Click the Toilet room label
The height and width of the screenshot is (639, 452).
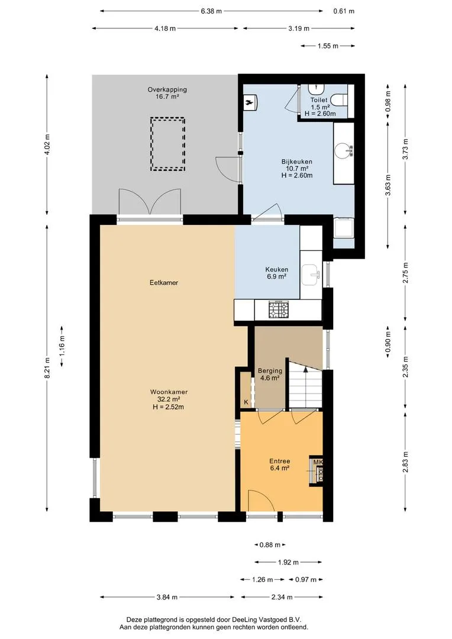tap(319, 100)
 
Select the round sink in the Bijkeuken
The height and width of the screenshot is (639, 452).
tap(343, 150)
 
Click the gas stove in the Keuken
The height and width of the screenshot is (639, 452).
tap(278, 309)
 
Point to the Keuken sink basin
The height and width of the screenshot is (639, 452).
tap(311, 274)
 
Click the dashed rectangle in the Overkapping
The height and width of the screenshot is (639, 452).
tap(167, 144)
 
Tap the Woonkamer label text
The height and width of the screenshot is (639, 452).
tap(169, 392)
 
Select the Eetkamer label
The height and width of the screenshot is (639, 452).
tap(164, 282)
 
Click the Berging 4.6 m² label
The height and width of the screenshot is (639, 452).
tap(270, 374)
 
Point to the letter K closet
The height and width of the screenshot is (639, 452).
tap(246, 402)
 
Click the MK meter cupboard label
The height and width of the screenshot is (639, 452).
tap(318, 462)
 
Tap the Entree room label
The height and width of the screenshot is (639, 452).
tap(280, 461)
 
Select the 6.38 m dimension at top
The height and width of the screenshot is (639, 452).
tap(211, 11)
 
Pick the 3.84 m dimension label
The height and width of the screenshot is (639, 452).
tap(167, 597)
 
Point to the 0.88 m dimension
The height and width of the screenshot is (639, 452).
tap(270, 544)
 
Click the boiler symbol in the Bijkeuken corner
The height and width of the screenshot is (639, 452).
tap(250, 102)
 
